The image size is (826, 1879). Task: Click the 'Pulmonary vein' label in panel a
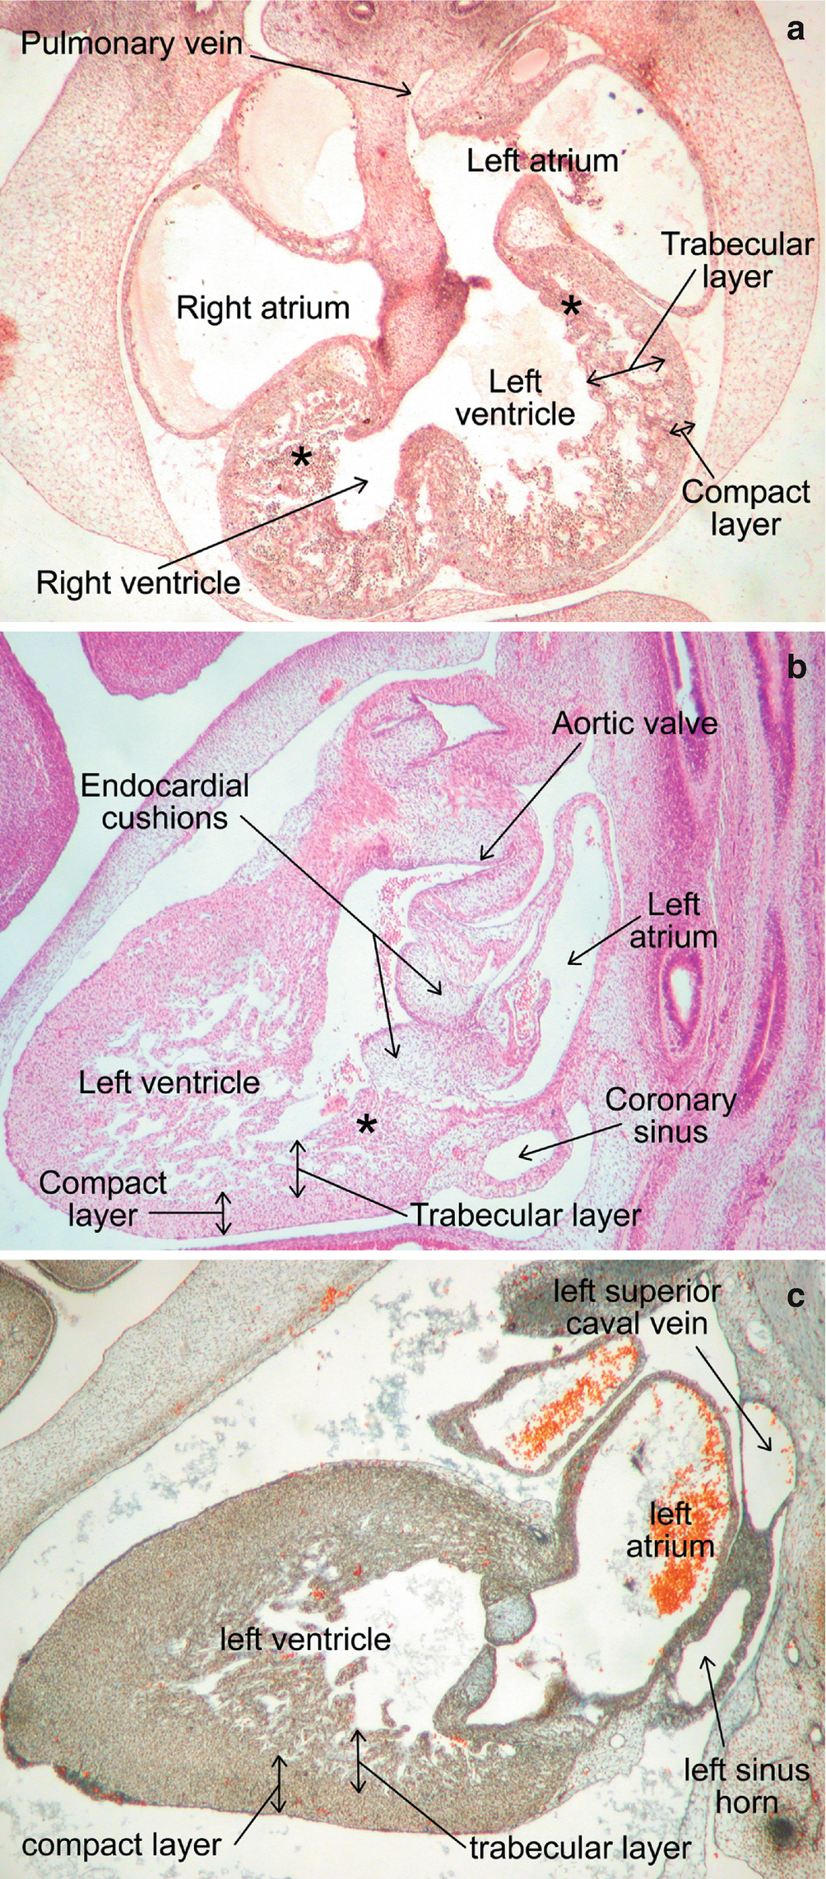pos(132,42)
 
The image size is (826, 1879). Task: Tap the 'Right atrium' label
pos(263,309)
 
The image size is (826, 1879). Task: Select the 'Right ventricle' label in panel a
pos(138,582)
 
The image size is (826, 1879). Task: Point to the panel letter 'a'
pos(795,30)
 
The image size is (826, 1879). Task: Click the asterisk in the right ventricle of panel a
pos(302,458)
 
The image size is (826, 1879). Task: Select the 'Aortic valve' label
pos(634,723)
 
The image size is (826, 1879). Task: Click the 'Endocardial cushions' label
pos(165,801)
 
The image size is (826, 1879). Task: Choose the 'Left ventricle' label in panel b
pos(169,1082)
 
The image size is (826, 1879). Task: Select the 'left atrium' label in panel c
pos(670,1530)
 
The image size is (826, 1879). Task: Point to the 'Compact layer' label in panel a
pos(745,508)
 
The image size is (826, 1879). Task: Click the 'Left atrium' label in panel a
pos(542,160)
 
